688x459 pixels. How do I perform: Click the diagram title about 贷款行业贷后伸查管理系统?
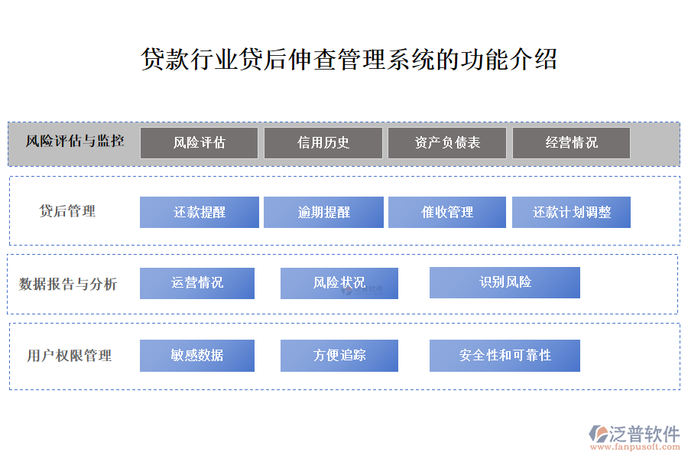point(349,60)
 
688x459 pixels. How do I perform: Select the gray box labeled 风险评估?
point(200,143)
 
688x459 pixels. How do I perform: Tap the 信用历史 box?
point(323,143)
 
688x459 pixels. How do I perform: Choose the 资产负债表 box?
point(447,143)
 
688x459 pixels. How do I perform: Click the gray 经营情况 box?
point(571,143)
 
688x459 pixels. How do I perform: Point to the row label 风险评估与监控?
point(75,141)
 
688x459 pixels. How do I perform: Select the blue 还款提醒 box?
point(200,212)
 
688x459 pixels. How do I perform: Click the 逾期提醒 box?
point(323,212)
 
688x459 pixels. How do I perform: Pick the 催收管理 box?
point(447,212)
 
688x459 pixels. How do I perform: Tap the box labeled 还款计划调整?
point(571,212)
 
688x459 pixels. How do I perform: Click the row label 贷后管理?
point(67,211)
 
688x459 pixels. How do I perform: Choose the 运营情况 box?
point(197,283)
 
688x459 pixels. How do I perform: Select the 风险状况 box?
point(339,283)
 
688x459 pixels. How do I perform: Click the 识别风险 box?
point(505,282)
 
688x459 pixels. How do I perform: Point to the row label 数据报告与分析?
point(68,284)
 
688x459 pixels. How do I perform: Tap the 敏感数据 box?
point(197,355)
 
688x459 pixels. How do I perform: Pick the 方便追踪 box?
point(339,355)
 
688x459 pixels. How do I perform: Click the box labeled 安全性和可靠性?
point(505,355)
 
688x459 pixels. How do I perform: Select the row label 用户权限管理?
point(70,355)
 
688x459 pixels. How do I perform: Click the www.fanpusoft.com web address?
point(635,447)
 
